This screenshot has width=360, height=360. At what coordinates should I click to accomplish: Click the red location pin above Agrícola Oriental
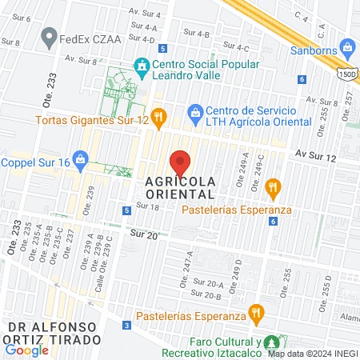[181, 162]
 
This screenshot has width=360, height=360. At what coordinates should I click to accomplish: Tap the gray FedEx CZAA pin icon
[50, 36]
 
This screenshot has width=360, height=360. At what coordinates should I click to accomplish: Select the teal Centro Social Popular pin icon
[142, 66]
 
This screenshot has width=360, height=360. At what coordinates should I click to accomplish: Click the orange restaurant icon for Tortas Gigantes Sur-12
[158, 118]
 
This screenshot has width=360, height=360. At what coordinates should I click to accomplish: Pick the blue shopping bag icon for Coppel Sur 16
[80, 159]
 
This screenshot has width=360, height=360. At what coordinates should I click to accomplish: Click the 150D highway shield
[347, 73]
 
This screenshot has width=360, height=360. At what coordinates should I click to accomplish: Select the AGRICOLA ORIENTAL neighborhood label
[181, 187]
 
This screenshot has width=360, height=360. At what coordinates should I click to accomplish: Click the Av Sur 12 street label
[314, 153]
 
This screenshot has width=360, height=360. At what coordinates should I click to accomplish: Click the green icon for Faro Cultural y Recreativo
[272, 340]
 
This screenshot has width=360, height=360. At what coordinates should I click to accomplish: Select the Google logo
[26, 350]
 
